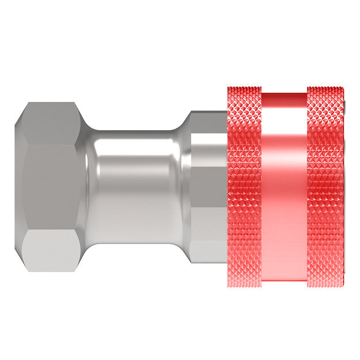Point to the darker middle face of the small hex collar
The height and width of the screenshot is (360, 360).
tap(207, 196)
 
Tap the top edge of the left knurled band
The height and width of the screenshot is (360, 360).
tap(244, 89)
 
